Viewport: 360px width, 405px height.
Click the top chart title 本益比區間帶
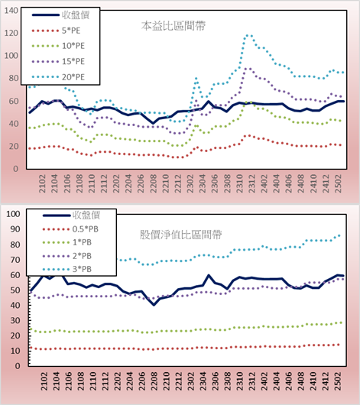[174, 26]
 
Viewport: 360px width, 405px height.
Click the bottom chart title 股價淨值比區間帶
[181, 235]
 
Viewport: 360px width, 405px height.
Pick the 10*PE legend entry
[58, 46]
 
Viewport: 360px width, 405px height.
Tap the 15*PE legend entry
[58, 61]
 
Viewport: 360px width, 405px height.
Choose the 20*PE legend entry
[58, 77]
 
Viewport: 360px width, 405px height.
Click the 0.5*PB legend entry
[70, 229]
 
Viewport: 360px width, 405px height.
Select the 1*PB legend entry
[67, 242]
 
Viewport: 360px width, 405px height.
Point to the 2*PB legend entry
[67, 256]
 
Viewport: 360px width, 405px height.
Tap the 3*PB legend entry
[67, 269]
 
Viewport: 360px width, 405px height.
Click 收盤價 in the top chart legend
[76, 15]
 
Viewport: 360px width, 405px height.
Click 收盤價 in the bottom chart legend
[86, 215]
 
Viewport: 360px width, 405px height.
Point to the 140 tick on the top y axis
[11, 11]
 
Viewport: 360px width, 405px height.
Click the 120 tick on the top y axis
[11, 33]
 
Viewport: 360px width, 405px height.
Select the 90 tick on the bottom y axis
[15, 229]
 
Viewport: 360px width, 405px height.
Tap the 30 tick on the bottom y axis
[15, 320]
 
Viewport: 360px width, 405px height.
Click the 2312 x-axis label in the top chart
[252, 183]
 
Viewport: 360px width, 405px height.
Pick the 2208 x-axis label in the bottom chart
[154, 381]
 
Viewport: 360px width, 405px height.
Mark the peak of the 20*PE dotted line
[248, 35]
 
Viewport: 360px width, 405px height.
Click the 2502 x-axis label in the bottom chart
[338, 381]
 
